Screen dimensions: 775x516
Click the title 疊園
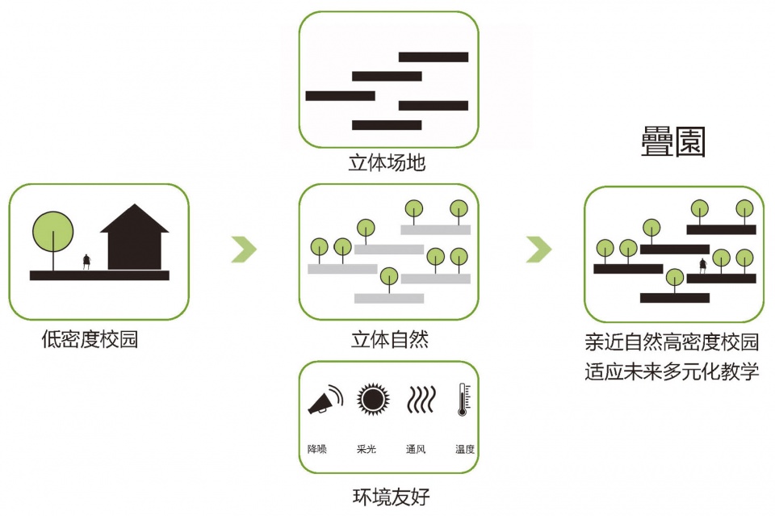[x=672, y=142]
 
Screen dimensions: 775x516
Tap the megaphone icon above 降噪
[x=325, y=400]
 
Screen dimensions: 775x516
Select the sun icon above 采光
[x=373, y=400]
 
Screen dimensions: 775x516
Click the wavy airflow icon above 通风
[x=421, y=400]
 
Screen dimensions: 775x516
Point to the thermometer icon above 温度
[x=463, y=400]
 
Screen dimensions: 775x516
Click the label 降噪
[x=317, y=449]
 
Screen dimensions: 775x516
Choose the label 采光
[x=367, y=449]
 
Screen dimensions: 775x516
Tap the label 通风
[x=416, y=449]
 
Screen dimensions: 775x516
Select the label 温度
[x=465, y=449]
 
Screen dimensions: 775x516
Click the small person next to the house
[x=86, y=262]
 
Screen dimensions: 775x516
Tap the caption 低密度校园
[x=90, y=339]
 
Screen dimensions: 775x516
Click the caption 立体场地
[x=387, y=162]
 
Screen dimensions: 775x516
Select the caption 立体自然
[x=389, y=339]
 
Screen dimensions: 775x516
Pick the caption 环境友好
[x=391, y=497]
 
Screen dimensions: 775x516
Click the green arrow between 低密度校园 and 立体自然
[x=244, y=250]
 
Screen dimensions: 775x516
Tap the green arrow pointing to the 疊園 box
[x=538, y=250]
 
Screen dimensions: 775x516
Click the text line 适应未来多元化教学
[x=672, y=371]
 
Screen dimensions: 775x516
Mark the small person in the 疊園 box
[x=703, y=266]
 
